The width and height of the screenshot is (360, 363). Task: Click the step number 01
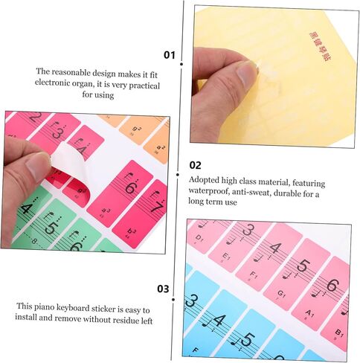pyautogui.click(x=170, y=55)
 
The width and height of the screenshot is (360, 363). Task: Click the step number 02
pyautogui.click(x=196, y=165)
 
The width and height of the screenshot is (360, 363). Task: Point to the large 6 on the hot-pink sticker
pyautogui.click(x=130, y=188)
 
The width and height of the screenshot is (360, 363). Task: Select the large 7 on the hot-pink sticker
pyautogui.click(x=156, y=208)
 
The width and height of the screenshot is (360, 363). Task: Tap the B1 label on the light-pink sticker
pyautogui.click(x=339, y=332)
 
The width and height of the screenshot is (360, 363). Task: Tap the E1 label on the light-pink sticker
pyautogui.click(x=225, y=255)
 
